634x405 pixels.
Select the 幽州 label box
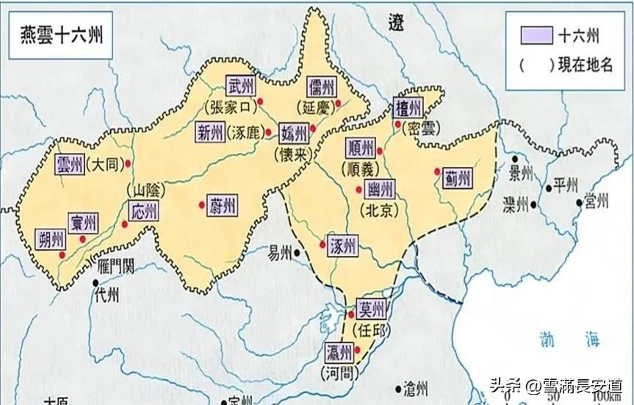(381, 189)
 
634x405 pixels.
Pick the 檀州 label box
(408, 109)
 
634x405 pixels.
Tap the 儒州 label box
(322, 86)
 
